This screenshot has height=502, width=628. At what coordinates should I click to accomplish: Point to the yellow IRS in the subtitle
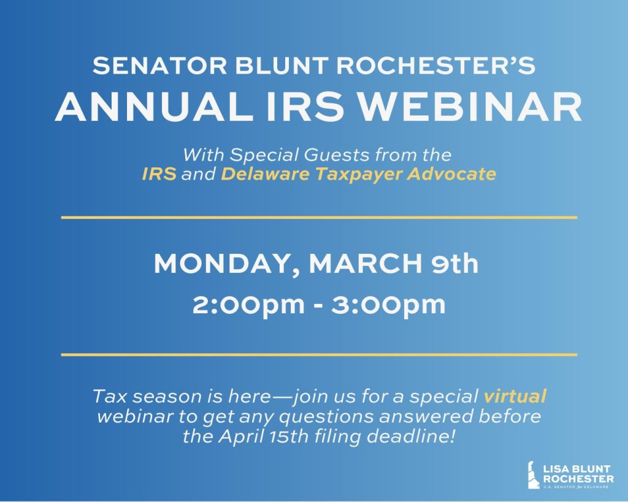159,174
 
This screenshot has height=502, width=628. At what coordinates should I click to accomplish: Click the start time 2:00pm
248,305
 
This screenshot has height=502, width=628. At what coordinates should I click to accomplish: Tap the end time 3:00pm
388,305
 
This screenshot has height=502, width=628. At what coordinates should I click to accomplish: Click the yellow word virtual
515,397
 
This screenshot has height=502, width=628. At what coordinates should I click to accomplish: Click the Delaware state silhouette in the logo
534,475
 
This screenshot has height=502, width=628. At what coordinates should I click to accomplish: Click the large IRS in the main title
305,107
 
